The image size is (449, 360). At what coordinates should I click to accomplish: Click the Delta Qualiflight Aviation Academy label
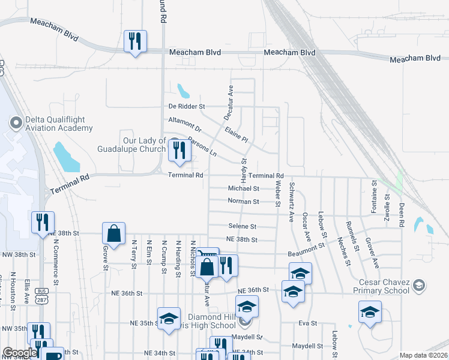(59, 124)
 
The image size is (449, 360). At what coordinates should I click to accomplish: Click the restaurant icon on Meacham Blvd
(134, 41)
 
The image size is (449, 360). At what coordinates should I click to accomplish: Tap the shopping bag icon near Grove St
(113, 233)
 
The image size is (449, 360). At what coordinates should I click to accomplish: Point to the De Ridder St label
(187, 106)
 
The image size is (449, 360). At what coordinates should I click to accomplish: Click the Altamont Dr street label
(185, 124)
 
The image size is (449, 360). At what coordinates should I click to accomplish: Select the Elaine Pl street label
(237, 134)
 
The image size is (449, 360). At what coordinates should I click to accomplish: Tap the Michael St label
(243, 188)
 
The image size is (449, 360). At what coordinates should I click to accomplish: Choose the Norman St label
(243, 202)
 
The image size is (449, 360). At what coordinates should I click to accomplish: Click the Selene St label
(242, 227)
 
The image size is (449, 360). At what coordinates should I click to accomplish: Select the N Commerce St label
(56, 262)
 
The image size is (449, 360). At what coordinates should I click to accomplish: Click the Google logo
(19, 353)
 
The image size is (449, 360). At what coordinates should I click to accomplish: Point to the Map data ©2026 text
(423, 355)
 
